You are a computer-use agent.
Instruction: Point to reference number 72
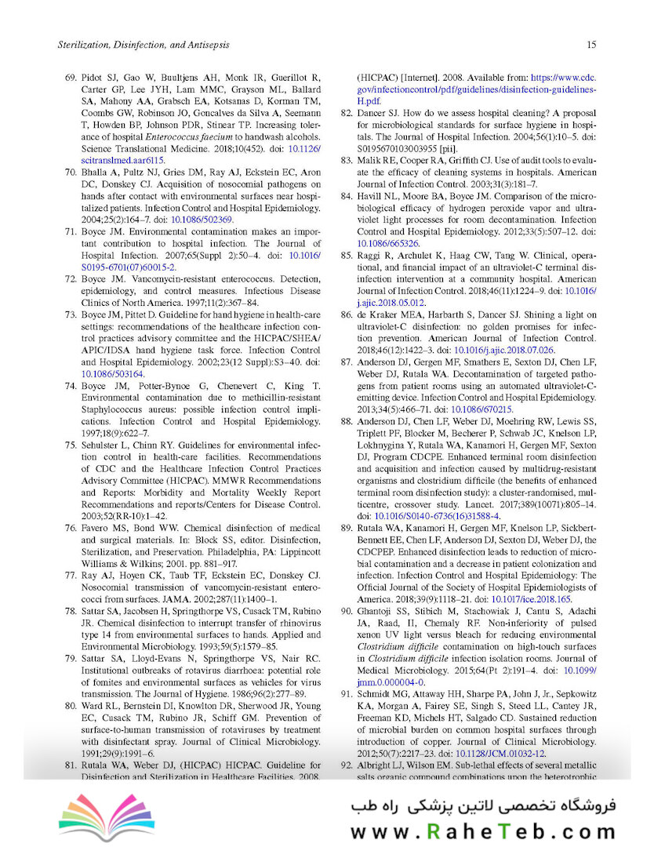69,280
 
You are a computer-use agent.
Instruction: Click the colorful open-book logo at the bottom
101,817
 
